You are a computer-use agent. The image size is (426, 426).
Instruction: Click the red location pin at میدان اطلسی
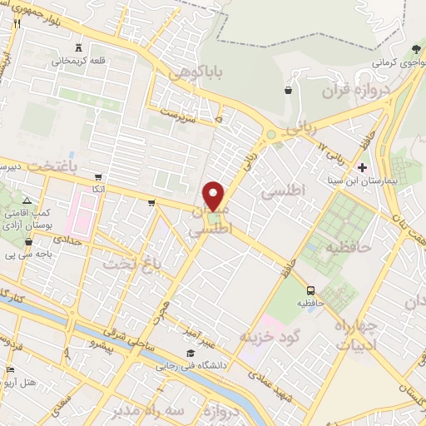click(215, 196)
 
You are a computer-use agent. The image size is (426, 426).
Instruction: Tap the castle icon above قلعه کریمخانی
click(79, 48)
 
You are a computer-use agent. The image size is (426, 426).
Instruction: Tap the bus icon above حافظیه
click(310, 290)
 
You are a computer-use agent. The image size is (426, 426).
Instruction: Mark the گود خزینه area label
click(267, 337)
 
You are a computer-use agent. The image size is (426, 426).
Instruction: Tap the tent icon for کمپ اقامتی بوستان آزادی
click(27, 201)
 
